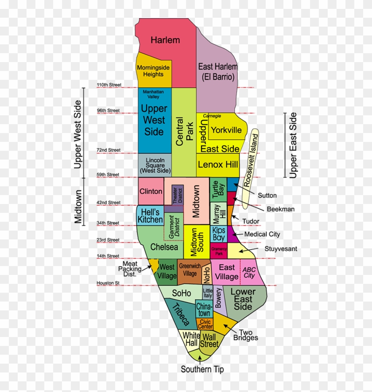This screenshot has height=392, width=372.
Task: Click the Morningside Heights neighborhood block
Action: click(153, 71)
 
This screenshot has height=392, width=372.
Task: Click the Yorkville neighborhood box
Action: click(226, 130)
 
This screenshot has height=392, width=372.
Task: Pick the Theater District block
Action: click(177, 195)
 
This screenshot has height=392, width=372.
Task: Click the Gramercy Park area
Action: click(219, 251)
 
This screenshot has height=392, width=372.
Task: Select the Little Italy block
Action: click(208, 293)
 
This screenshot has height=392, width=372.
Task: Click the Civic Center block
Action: click(205, 324)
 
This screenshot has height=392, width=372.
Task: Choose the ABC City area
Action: click(248, 272)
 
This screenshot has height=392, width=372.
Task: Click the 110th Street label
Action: click(108, 85)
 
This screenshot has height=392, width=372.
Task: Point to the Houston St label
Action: click(108, 283)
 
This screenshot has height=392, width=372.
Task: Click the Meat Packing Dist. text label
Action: click(130, 268)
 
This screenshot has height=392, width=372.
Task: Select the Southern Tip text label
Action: click(202, 369)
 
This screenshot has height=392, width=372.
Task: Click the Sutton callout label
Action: click(267, 195)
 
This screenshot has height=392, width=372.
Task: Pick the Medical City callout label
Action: click(262, 234)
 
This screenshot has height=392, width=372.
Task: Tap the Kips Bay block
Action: click(219, 234)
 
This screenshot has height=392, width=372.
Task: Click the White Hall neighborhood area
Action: click(191, 339)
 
